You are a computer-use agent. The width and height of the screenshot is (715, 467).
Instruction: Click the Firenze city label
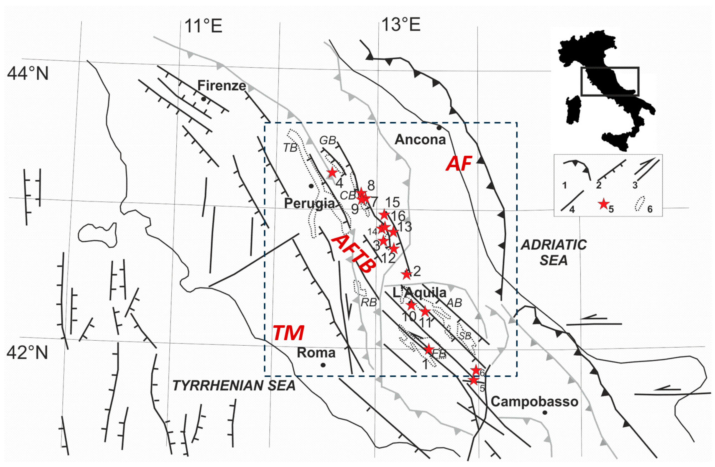click(221, 86)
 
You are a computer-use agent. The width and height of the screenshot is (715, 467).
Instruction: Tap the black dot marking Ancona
click(439, 128)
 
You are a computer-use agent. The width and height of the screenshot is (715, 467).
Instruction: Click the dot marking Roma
click(323, 365)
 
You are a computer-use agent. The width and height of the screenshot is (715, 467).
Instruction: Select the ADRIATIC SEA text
click(554, 253)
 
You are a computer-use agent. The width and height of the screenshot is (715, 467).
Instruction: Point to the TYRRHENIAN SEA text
click(234, 386)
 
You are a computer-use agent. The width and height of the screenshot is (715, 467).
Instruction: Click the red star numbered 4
click(332, 173)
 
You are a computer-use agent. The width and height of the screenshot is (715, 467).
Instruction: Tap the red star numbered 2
click(406, 274)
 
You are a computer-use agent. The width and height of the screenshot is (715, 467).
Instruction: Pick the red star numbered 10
click(411, 306)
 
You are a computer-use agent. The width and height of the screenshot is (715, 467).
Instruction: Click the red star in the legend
click(603, 204)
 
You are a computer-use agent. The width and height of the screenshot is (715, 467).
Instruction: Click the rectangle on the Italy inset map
click(610, 81)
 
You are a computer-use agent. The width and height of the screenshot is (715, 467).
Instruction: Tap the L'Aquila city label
click(419, 292)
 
